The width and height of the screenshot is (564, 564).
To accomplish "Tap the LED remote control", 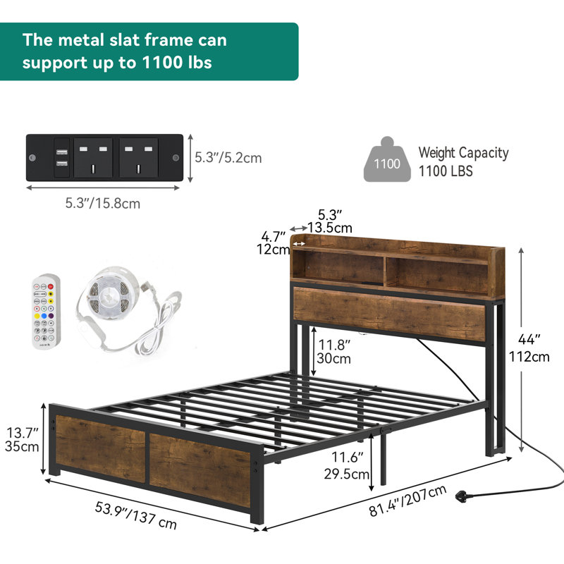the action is pyautogui.click(x=46, y=312).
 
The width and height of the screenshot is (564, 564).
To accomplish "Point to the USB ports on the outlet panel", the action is pyautogui.click(x=61, y=157).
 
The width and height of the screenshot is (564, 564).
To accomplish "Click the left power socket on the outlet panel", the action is pyautogui.click(x=93, y=157).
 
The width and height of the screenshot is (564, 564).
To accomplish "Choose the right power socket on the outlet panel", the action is pyautogui.click(x=138, y=157).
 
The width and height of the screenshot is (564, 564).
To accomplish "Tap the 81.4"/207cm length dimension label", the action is pyautogui.click(x=407, y=501).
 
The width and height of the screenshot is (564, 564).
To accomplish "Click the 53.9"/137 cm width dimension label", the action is pyautogui.click(x=135, y=515).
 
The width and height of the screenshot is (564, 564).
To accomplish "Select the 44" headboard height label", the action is pyautogui.click(x=529, y=339).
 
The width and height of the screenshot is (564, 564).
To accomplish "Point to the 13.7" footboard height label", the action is pyautogui.click(x=23, y=433).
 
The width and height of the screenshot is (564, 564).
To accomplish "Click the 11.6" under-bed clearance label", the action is pyautogui.click(x=347, y=457).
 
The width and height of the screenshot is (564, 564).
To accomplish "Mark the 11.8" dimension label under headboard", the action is pyautogui.click(x=334, y=345).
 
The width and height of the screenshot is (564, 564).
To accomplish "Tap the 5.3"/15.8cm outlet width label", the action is pyautogui.click(x=102, y=204).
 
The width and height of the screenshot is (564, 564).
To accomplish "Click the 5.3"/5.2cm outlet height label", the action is pyautogui.click(x=228, y=158).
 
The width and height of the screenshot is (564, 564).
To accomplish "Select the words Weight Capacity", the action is pyautogui.click(x=463, y=153).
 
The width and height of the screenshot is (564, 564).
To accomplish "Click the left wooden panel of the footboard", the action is pyautogui.click(x=100, y=447).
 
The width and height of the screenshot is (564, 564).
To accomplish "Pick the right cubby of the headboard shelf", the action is pyautogui.click(x=436, y=275).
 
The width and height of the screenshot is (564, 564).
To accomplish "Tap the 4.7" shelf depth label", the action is pyautogui.click(x=273, y=237).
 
